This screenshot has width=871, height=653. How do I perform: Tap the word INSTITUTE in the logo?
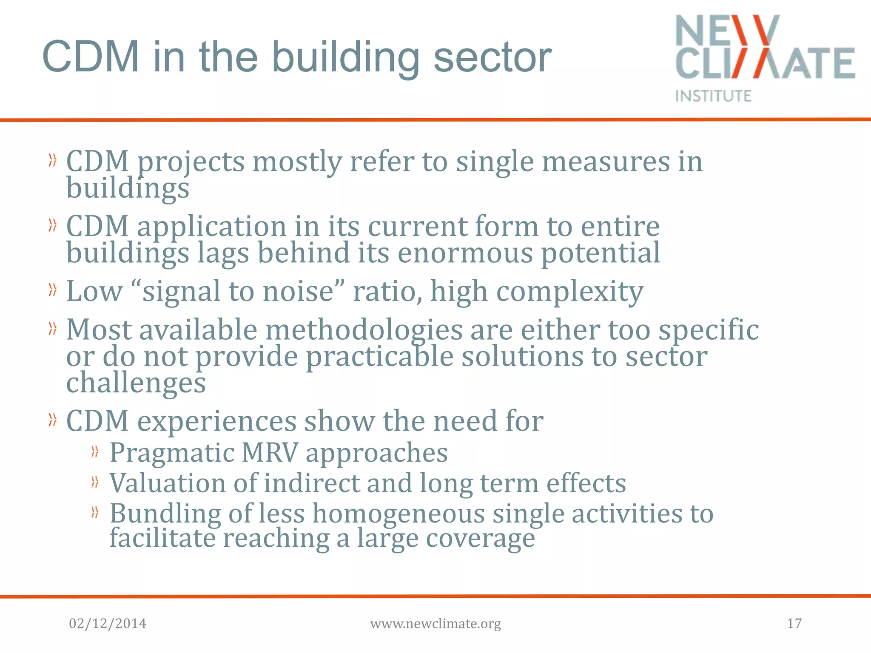713,96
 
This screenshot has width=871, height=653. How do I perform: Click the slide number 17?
794,623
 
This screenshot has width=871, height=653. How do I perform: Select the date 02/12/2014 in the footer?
108,623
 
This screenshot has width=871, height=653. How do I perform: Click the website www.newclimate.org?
435,624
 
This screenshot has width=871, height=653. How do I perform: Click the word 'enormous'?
465,253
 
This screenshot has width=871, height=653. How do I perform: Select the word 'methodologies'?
364,330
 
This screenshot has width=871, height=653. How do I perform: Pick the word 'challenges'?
136,383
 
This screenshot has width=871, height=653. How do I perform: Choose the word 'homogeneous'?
398,514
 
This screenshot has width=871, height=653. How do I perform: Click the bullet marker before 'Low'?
52,290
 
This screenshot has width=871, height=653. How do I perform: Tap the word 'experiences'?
217,421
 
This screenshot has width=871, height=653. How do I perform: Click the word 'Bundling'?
165,514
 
